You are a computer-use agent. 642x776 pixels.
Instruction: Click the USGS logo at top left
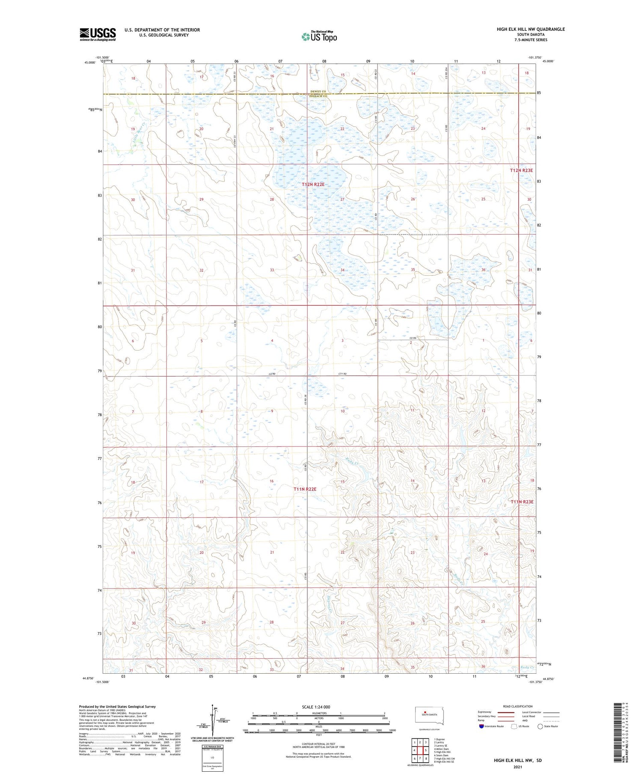[x=98, y=34]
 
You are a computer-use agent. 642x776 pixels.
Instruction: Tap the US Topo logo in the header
[x=319, y=36]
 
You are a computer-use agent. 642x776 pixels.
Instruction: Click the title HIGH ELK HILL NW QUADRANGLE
[x=530, y=29]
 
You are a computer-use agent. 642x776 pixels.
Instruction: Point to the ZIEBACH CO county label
[x=318, y=96]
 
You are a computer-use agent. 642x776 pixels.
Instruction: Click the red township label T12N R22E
[x=313, y=184]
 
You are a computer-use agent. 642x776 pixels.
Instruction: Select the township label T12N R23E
[x=521, y=170]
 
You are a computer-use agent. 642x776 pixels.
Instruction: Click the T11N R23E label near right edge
[x=522, y=502]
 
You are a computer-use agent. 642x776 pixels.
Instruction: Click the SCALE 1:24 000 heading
[x=316, y=707]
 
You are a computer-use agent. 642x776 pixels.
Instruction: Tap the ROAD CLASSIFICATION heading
[x=517, y=706]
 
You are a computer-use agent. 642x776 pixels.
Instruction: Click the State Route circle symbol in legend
[x=540, y=726]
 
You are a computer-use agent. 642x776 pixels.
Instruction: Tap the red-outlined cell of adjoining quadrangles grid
[x=426, y=750]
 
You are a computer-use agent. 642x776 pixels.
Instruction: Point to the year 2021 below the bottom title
[x=517, y=767]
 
